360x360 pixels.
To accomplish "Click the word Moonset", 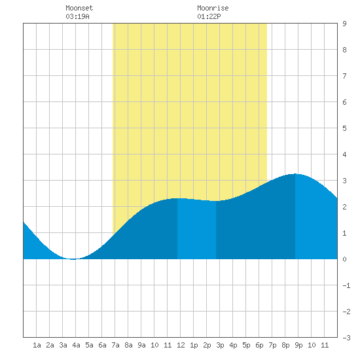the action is tap(79, 8).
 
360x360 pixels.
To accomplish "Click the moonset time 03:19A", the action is tap(77, 16).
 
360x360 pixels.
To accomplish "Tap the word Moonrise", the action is tap(213, 8).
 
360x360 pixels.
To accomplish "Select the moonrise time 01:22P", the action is tap(209, 16).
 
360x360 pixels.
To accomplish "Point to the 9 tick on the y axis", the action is tap(344, 24).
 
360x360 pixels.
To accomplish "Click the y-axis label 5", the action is tap(344, 128).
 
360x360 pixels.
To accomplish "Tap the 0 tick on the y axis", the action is tap(344, 259).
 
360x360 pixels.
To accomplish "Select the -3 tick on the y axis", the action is tap(346, 338).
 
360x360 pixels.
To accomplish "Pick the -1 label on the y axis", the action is tap(346, 285).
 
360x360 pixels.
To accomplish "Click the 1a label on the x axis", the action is tap(37, 345).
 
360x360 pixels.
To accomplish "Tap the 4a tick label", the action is tap(76, 345).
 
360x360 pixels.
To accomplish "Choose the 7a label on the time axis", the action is tap(115, 345).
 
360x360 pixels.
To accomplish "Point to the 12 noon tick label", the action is tap(181, 345).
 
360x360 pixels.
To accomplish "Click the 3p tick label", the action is tap(220, 345).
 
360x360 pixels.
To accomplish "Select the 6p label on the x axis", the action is tap(259, 345).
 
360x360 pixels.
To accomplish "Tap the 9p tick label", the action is tap(298, 345).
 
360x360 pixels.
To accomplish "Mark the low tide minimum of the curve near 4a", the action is tap(73, 259).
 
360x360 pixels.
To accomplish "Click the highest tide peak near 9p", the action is tap(295, 174).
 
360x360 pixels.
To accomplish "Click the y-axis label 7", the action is tap(344, 76).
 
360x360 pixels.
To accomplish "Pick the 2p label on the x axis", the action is tap(207, 345).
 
